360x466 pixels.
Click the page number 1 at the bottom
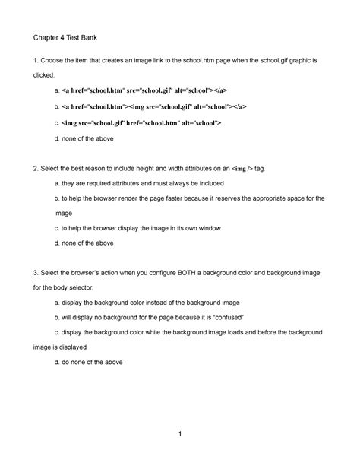(180, 433)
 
